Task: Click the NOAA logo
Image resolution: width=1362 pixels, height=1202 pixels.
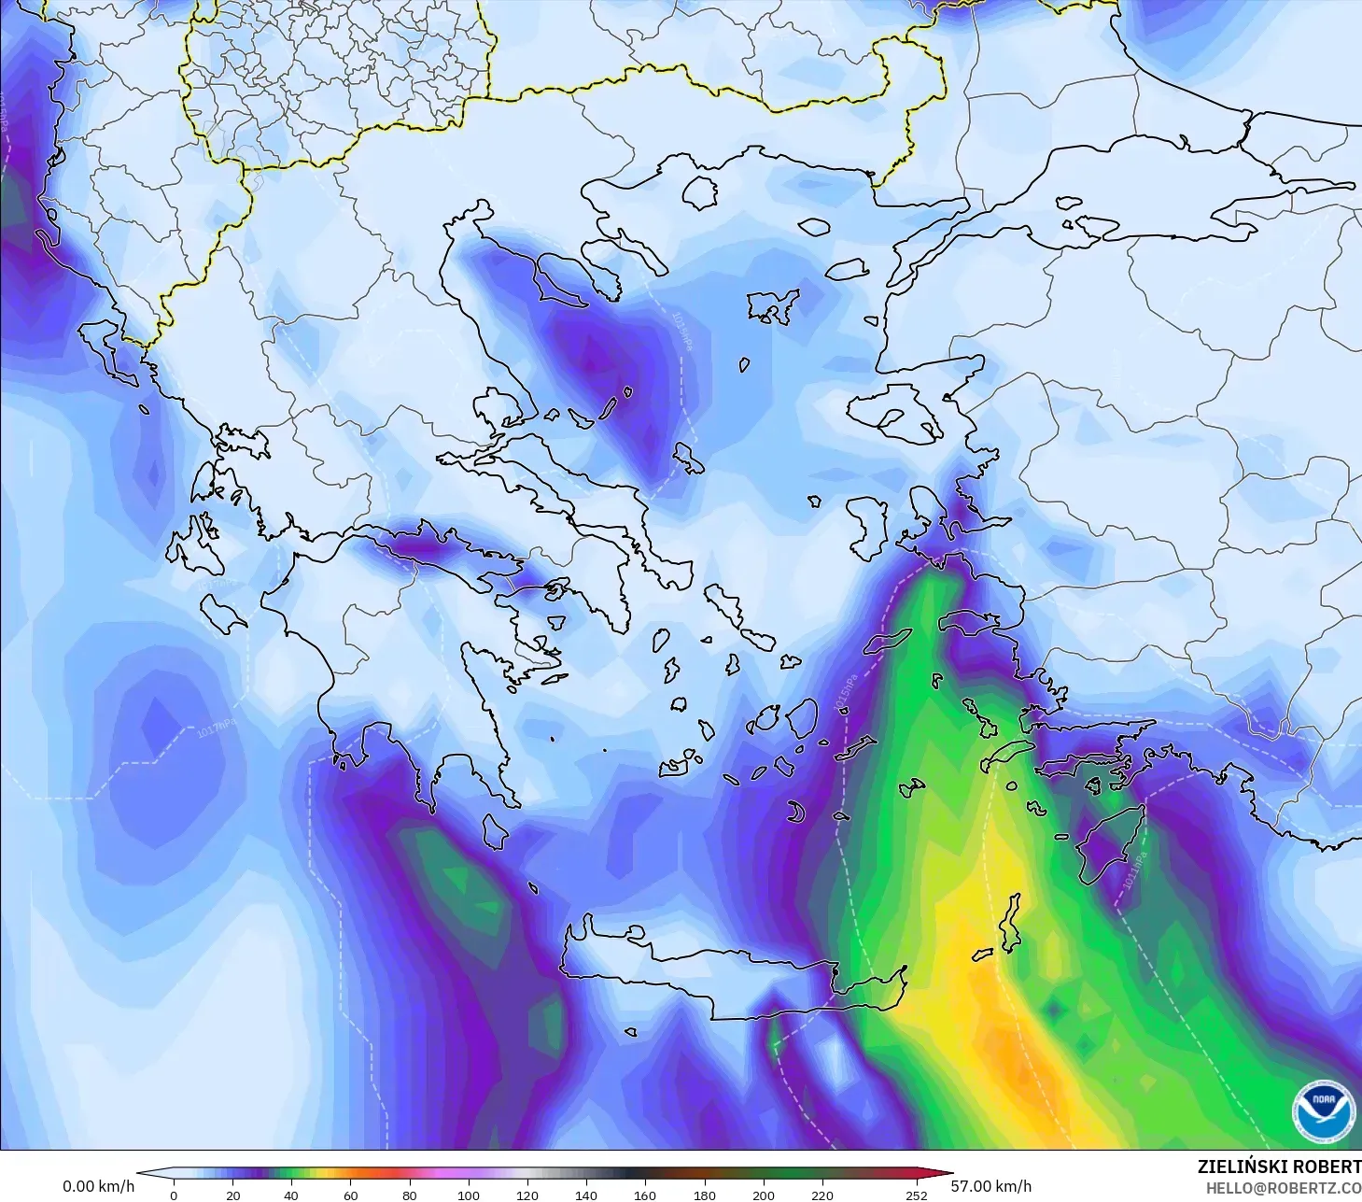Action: tap(1323, 1110)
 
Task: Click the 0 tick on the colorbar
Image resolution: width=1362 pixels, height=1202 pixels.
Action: tap(174, 1195)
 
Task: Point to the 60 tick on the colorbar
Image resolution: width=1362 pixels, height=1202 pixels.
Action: tap(351, 1195)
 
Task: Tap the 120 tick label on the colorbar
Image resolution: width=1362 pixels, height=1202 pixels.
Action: tap(527, 1195)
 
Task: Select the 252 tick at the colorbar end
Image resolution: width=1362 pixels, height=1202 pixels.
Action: tap(917, 1195)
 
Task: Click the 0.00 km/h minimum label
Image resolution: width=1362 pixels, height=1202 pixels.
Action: tap(98, 1186)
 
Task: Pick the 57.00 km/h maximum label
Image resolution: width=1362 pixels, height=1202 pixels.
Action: tap(991, 1186)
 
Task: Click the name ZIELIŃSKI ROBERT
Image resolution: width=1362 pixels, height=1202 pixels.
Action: tap(1279, 1167)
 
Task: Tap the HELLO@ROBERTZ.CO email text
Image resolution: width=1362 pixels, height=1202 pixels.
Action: tap(1283, 1188)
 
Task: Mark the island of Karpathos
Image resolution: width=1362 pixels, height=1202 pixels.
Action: tap(1008, 923)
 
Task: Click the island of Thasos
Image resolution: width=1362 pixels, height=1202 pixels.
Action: tap(699, 193)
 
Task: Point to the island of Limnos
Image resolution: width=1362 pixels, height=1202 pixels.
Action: tap(773, 305)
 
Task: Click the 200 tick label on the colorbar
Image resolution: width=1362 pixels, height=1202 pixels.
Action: tap(764, 1195)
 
